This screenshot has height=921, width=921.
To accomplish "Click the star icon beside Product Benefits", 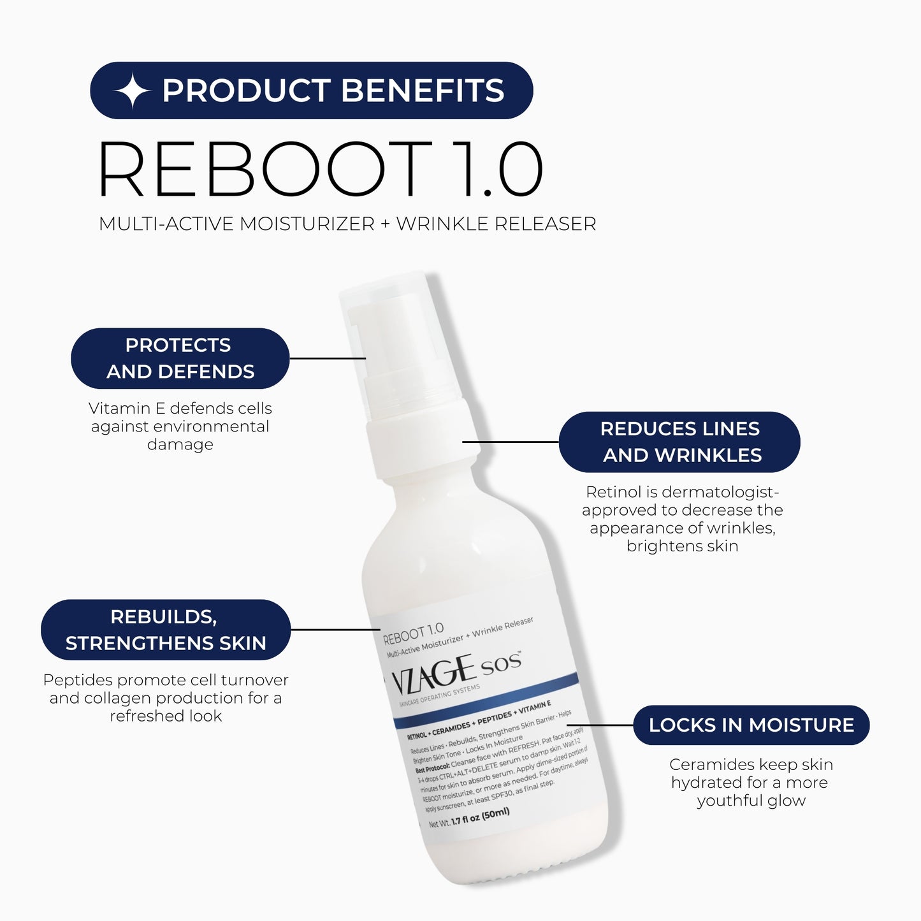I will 132,91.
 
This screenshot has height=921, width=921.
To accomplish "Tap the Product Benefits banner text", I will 333,91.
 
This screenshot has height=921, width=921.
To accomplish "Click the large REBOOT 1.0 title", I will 321,170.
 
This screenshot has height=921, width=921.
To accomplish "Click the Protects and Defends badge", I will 180,358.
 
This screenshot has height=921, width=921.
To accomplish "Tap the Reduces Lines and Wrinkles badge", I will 679,442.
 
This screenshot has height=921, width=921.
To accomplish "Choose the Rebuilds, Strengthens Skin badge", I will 166,630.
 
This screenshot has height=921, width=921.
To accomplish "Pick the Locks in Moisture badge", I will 751,725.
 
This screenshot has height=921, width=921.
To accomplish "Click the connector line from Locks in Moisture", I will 599,725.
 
